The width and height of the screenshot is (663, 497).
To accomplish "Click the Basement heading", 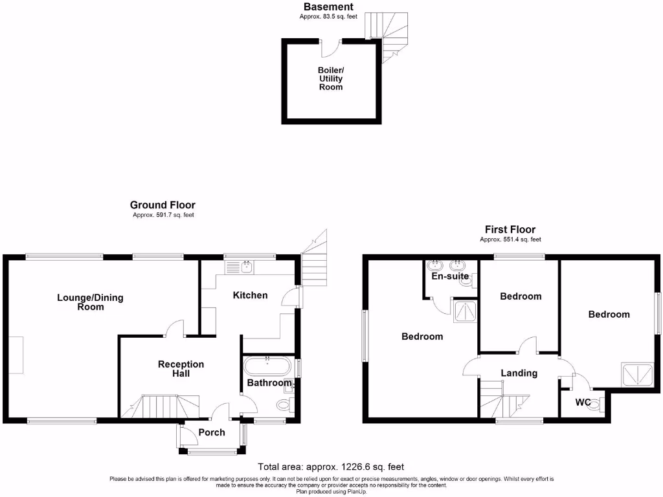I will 328,7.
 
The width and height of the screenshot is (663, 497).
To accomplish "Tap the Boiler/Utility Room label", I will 330,78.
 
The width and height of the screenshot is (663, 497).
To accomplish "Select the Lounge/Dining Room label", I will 90,302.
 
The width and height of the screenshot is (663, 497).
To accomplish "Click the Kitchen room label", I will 250,295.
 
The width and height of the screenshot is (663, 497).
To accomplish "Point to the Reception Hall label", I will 181,369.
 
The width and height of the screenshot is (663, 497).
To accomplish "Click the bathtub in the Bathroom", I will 267,366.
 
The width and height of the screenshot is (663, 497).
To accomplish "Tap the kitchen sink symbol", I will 241,265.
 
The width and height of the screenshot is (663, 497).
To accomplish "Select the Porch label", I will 211,432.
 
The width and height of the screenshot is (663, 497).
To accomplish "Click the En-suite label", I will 450,276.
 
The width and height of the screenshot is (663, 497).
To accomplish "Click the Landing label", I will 519,373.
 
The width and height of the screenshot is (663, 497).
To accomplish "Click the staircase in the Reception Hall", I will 162,406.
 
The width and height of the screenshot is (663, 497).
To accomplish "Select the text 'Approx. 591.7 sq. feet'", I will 163,215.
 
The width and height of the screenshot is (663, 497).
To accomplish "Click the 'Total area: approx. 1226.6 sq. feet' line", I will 331,467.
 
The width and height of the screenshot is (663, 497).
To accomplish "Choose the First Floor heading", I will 510,230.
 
